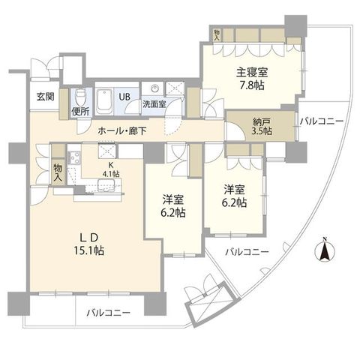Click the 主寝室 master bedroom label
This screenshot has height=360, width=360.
[x=252, y=73]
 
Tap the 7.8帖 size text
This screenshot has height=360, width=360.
[x=252, y=85]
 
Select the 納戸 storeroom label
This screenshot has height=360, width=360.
[x=262, y=121]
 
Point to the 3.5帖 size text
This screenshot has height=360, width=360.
[x=262, y=130]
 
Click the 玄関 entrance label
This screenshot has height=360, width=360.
[x=46, y=97]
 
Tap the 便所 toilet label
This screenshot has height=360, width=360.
[x=80, y=112]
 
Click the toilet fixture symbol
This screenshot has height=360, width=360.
[x=80, y=98]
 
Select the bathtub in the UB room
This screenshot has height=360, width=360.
[x=104, y=102]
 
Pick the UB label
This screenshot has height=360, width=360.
[x=124, y=97]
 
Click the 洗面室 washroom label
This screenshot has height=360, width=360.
[x=154, y=104]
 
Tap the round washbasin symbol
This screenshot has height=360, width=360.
[x=155, y=88]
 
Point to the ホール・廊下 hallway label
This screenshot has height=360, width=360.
[x=122, y=130]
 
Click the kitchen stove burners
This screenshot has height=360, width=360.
[x=74, y=157]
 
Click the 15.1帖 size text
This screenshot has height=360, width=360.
[x=88, y=250]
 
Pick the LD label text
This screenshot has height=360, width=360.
[x=88, y=238]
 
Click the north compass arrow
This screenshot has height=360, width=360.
[x=325, y=250]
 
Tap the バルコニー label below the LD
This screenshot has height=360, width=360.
[x=109, y=313]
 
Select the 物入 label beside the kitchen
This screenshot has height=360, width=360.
[x=58, y=172]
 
